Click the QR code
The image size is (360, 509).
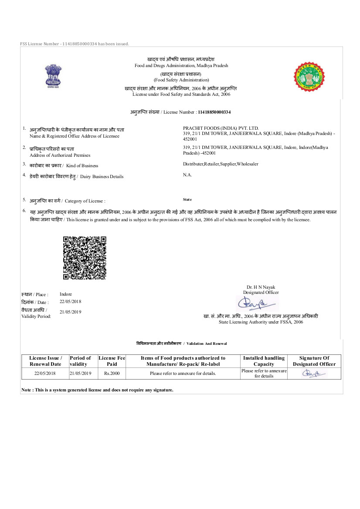[85, 258]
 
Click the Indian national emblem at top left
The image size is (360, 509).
[52, 77]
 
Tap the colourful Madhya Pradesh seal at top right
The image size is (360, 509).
[309, 77]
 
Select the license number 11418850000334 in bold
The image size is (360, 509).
[214, 112]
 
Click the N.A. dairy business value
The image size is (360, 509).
[187, 175]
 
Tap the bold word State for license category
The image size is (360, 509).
[187, 199]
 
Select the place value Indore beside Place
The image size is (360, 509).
[66, 294]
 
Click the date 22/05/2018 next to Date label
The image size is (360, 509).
[71, 301]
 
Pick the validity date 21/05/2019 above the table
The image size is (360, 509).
[71, 312]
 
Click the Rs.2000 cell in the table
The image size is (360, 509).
[112, 374]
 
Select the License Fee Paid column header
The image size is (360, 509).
[112, 361]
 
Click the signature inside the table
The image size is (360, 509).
[314, 373]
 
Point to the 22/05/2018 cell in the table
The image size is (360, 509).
[45, 374]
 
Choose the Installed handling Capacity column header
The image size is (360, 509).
[264, 361]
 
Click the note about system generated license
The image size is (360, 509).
[97, 390]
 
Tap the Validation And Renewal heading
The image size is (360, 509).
[181, 344]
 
